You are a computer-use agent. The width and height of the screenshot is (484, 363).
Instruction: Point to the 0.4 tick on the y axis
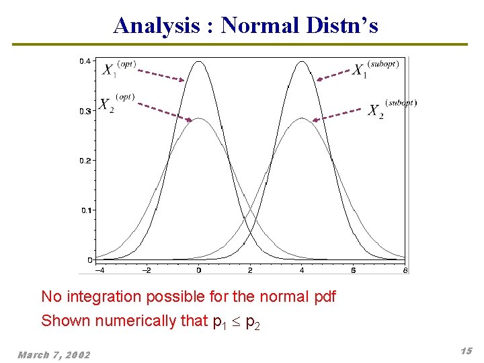(x=85, y=61)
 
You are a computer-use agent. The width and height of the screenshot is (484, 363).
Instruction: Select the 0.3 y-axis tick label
(x=85, y=111)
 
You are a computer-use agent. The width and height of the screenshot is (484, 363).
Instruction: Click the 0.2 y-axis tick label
(x=85, y=161)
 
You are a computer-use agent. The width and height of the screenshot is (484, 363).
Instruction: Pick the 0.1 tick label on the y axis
(x=85, y=210)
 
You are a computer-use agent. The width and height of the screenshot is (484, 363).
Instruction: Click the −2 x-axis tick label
(x=147, y=270)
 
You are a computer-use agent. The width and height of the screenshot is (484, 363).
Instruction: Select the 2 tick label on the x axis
(x=250, y=270)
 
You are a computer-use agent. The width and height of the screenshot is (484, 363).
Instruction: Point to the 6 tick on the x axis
(x=354, y=270)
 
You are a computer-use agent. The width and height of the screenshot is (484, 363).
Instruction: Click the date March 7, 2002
(x=54, y=355)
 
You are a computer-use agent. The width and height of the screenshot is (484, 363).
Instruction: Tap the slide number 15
(x=466, y=351)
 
